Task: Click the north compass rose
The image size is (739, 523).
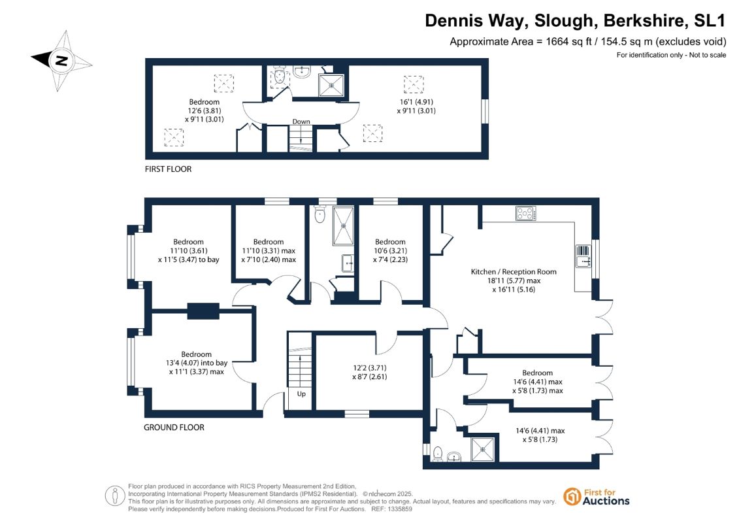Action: (61, 60)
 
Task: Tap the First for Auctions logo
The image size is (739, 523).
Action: (597, 497)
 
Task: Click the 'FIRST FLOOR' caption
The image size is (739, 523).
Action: (169, 169)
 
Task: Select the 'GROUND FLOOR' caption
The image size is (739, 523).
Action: (174, 428)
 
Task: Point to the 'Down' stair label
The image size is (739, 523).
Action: (301, 121)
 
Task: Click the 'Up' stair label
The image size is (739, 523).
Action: (301, 394)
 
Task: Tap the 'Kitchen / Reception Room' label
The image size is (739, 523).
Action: (514, 272)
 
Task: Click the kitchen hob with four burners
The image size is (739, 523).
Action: (526, 214)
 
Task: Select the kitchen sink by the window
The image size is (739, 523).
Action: (583, 256)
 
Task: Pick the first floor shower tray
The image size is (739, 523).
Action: (331, 86)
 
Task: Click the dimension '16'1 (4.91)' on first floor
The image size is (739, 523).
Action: (416, 102)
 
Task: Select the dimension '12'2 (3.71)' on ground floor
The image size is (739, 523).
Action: (370, 368)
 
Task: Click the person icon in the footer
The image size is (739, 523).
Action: (115, 497)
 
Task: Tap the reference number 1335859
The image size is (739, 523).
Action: (399, 509)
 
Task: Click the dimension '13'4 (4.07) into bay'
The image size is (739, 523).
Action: (197, 363)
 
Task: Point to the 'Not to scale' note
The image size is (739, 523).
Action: (708, 55)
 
